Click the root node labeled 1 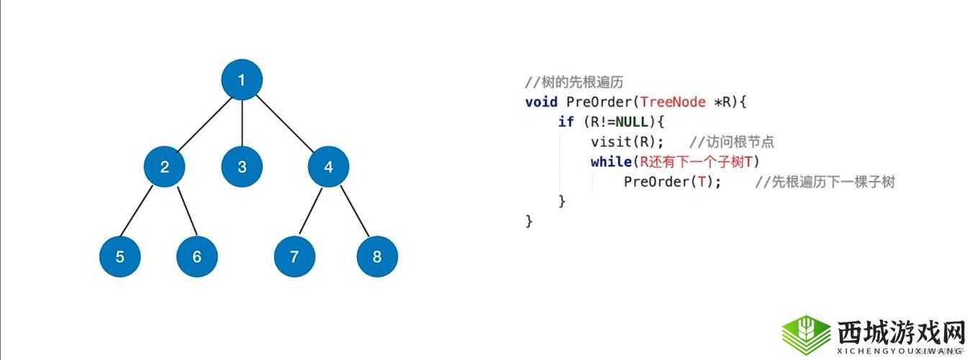[241, 79]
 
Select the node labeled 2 [165, 167]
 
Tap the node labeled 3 [242, 167]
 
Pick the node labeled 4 [329, 167]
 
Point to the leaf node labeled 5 [120, 256]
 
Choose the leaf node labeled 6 [197, 256]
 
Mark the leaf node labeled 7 [294, 256]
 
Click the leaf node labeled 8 [377, 256]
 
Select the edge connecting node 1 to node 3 [242, 123]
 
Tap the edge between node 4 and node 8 [353, 212]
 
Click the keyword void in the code [541, 102]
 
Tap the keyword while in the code [611, 162]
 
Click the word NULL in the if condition [632, 122]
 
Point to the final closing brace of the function [530, 221]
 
